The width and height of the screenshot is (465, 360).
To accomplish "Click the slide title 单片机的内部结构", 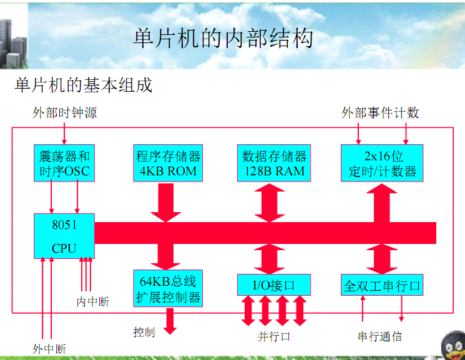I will click(x=223, y=39).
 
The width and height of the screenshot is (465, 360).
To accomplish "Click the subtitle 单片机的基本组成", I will click(x=84, y=84).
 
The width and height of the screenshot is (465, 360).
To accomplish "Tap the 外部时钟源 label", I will click(x=65, y=113).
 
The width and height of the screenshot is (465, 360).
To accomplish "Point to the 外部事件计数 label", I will click(x=380, y=113).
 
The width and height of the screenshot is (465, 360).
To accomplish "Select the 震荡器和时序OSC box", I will click(x=64, y=163).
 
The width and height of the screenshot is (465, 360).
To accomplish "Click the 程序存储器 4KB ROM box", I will click(x=168, y=163).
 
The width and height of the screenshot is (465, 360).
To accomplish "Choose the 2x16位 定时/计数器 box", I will click(x=381, y=163).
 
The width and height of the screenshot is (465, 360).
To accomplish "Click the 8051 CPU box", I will click(x=64, y=236).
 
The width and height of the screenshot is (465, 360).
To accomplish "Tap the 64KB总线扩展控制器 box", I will click(x=168, y=288).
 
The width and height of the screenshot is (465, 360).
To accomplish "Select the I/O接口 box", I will click(x=273, y=285).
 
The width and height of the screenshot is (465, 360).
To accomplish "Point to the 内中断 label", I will click(x=92, y=301).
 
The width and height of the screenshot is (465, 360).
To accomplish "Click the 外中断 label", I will click(x=49, y=348).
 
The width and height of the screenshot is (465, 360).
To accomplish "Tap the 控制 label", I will click(x=144, y=332).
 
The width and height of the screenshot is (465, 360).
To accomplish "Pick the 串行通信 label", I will click(x=379, y=336).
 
